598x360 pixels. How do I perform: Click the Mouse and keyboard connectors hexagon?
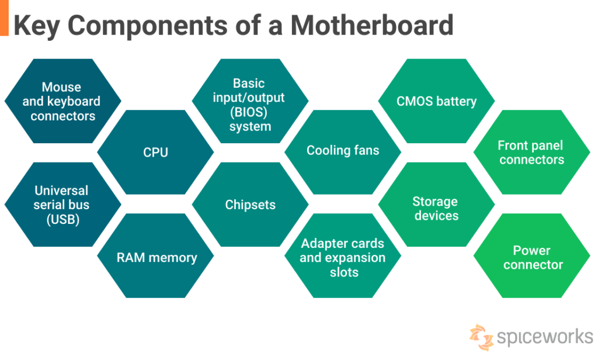pyautogui.click(x=62, y=101)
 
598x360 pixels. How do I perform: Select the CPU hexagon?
pyautogui.click(x=155, y=153)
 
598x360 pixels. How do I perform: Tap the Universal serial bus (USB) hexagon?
pyautogui.click(x=61, y=205)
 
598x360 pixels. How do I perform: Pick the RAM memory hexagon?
pyautogui.click(x=157, y=257)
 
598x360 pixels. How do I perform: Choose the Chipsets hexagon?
pyautogui.click(x=250, y=205)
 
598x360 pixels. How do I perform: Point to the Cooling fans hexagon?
pyautogui.click(x=343, y=151)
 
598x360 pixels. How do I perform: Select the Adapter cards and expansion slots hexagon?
pyautogui.click(x=343, y=257)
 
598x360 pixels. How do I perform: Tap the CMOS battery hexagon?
pyautogui.click(x=436, y=101)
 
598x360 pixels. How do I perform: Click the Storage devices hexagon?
pyautogui.click(x=436, y=209)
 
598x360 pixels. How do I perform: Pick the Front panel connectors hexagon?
pyautogui.click(x=531, y=153)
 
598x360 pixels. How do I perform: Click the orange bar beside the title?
pyautogui.click(x=4, y=18)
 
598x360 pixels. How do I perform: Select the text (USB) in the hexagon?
pyautogui.click(x=62, y=220)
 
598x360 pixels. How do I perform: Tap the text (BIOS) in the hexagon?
pyautogui.click(x=250, y=112)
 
